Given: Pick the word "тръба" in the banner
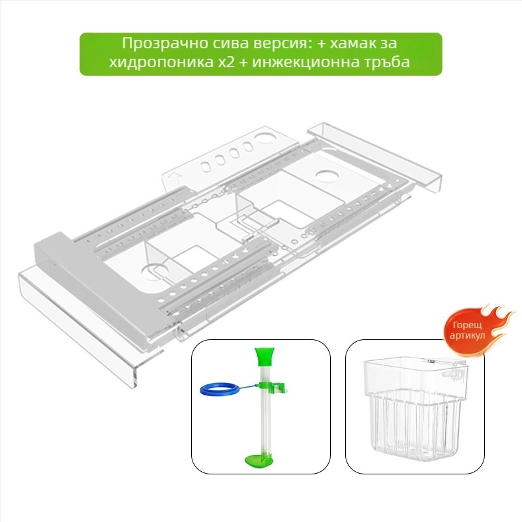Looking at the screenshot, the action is (386, 62).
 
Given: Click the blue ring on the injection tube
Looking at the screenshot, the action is (219, 389).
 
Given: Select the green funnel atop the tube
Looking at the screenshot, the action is (264, 356).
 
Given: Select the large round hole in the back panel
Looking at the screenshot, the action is (265, 137).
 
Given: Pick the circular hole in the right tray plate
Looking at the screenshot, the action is (327, 176).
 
